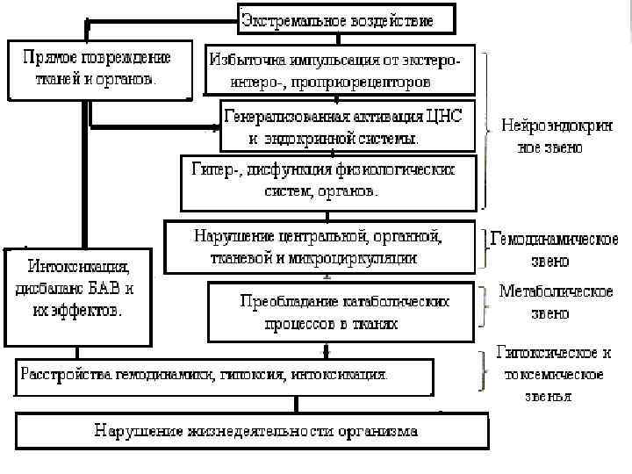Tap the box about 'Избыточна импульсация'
point(338,69)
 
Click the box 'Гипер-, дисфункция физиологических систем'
point(329,181)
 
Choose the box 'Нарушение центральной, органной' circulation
point(320,247)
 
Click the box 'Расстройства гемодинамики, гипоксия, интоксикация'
point(224,376)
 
